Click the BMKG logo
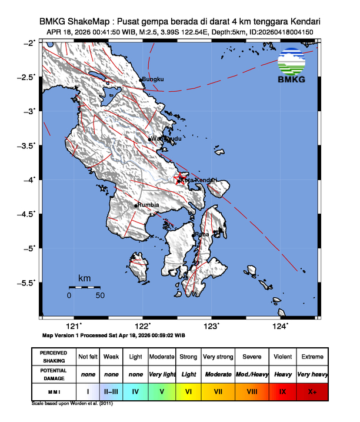[x=291, y=66]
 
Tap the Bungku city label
[x=152, y=79]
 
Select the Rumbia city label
[x=148, y=205]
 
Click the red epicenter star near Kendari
[x=182, y=177]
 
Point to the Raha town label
[x=202, y=234]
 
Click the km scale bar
[x=84, y=287]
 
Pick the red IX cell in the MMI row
[x=282, y=391]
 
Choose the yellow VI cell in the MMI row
[x=188, y=391]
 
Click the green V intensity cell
[x=162, y=391]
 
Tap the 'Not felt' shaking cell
[x=88, y=357]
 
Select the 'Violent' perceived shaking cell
[x=282, y=357]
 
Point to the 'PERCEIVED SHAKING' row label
[x=54, y=357]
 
